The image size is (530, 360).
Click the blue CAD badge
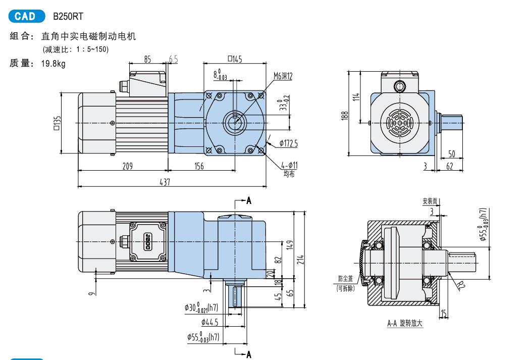[x=27, y=16]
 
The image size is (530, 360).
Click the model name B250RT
[x=68, y=16]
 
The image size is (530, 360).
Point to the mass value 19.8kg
[x=53, y=64]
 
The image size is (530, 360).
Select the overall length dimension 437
[x=165, y=182]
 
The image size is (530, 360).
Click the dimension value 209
[x=127, y=166]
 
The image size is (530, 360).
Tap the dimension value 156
[x=199, y=166]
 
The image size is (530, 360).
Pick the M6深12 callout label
[x=283, y=76]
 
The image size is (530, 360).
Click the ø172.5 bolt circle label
[x=289, y=143]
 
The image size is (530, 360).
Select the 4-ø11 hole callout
[x=290, y=165]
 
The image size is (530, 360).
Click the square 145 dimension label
[x=235, y=59]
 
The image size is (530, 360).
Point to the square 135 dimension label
[x=57, y=123]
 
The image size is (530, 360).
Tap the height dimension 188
[x=344, y=116]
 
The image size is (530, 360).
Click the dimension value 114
[x=356, y=97]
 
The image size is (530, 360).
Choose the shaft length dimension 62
[x=450, y=166]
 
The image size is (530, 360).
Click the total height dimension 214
[x=300, y=260]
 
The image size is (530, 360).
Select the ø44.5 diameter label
[x=209, y=322]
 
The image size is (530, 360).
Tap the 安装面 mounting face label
[x=430, y=201]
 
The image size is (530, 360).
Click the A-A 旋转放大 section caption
[x=405, y=323]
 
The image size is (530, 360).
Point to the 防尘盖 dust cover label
[x=345, y=278]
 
